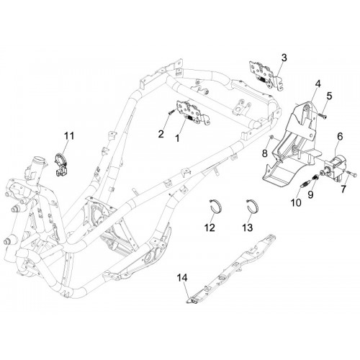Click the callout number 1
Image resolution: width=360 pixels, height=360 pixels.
(177, 138)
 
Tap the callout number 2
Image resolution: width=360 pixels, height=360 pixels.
(161, 133)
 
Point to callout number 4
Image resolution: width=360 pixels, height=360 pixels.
(318, 84)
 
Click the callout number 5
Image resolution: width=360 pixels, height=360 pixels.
(329, 96)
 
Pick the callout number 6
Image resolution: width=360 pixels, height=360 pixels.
(340, 136)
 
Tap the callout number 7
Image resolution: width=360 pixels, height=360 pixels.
(343, 189)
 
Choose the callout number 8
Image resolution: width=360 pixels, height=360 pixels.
(265, 153)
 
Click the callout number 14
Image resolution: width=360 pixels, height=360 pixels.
(182, 278)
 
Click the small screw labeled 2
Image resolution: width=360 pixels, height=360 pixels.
(171, 112)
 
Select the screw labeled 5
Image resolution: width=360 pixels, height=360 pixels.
(322, 116)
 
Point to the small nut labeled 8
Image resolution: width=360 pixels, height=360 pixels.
(271, 137)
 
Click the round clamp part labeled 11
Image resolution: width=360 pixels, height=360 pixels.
(60, 163)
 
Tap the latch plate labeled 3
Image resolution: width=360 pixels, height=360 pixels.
(265, 73)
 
